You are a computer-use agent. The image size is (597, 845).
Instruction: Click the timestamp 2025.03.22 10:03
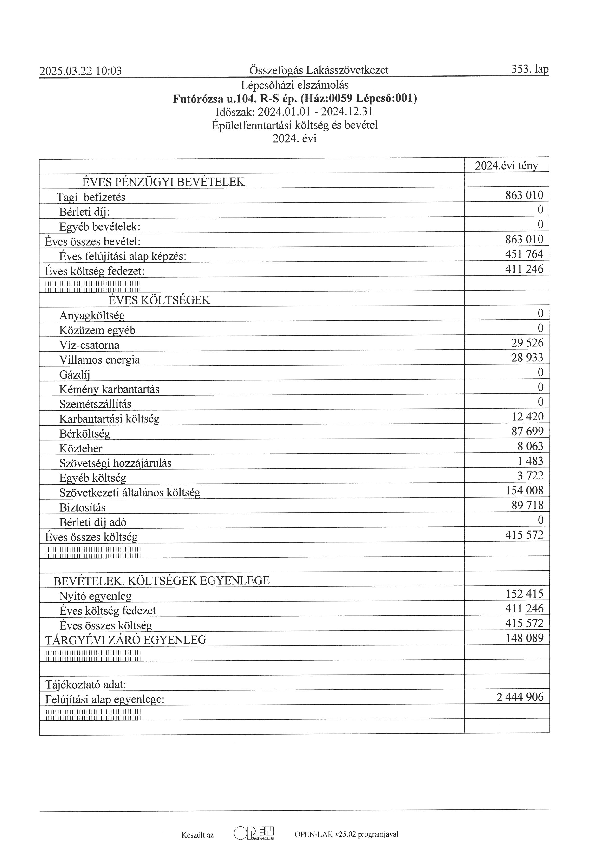coord(80,71)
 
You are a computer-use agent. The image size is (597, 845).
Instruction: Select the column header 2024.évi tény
coord(506,166)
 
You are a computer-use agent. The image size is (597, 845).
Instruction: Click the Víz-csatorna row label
coord(89,345)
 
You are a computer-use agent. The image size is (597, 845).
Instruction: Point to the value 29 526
coord(527,343)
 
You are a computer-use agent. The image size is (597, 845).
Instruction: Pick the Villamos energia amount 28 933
coord(527,358)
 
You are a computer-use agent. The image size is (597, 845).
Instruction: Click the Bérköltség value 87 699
coord(527,431)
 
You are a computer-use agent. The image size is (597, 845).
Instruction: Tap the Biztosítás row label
coord(82,508)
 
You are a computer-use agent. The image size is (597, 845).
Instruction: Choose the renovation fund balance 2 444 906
coord(520,697)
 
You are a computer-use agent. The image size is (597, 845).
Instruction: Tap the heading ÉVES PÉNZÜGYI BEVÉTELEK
coord(163,182)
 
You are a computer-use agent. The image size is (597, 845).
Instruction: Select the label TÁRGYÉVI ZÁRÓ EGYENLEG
coord(126,640)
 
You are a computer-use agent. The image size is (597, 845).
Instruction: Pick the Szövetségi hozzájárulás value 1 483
coord(530,461)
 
